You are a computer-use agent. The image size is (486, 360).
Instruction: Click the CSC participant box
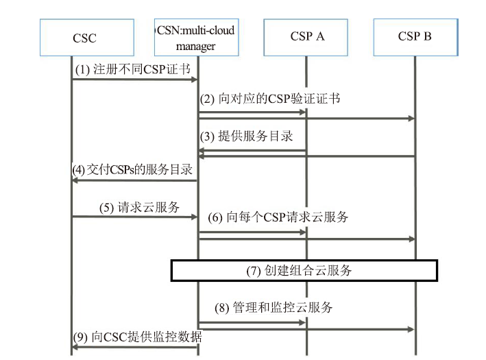click(x=87, y=38)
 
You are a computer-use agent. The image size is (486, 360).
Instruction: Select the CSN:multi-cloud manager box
click(x=197, y=38)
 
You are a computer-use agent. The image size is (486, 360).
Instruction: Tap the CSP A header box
click(x=306, y=38)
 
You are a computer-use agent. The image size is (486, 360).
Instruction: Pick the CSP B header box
click(x=415, y=38)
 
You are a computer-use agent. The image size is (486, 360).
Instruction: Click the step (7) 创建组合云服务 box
click(x=304, y=271)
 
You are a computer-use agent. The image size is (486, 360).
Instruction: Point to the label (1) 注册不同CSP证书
click(x=133, y=69)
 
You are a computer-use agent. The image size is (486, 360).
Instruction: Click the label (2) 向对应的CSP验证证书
click(x=270, y=99)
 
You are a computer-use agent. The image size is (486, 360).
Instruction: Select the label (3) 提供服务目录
click(x=246, y=136)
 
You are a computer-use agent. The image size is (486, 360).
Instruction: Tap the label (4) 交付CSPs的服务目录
click(x=132, y=169)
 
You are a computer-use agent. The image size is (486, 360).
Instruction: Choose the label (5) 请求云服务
click(x=139, y=208)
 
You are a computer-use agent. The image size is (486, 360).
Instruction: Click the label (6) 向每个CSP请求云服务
click(x=278, y=217)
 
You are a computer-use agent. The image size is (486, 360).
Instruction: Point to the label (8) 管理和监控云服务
click(x=274, y=308)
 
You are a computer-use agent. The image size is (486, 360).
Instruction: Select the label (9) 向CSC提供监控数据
click(x=138, y=337)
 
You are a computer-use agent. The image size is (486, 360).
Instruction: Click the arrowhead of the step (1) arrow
click(x=195, y=80)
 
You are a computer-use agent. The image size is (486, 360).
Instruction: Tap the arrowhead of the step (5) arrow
click(x=195, y=217)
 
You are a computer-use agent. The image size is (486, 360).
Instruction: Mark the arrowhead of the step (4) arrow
click(x=75, y=180)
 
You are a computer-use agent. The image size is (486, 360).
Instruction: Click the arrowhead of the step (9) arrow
click(x=75, y=347)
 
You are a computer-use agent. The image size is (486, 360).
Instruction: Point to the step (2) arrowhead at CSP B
click(x=411, y=119)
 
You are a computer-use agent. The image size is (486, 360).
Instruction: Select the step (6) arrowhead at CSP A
click(x=302, y=232)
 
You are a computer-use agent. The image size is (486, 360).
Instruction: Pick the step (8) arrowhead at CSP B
click(x=411, y=329)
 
